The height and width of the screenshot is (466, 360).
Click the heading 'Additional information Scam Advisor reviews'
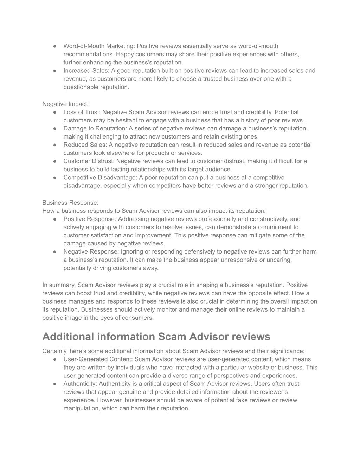[x=156, y=337]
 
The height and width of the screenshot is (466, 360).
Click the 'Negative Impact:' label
[x=65, y=104]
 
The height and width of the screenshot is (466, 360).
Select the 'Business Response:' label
[x=70, y=203]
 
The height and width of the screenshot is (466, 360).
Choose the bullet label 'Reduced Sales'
[x=85, y=145]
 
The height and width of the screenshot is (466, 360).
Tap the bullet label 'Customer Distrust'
[x=89, y=161]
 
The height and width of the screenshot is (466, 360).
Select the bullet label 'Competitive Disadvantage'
[x=100, y=178]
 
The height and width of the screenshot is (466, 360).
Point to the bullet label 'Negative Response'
[x=91, y=252]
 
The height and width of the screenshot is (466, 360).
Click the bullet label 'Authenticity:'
[x=81, y=384]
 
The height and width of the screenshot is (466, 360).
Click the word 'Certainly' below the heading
[x=54, y=351]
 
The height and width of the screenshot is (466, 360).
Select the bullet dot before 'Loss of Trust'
[x=55, y=113]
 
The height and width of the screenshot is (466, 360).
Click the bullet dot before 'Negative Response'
[x=55, y=252]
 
